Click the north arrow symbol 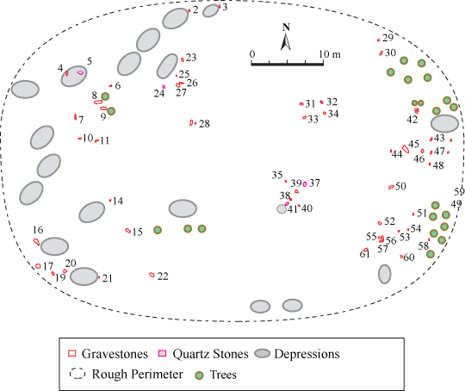[x=286, y=42]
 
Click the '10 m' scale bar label [x=330, y=54]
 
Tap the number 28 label [x=204, y=124]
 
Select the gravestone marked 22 [x=152, y=275]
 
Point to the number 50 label [x=400, y=186]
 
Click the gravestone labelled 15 [x=128, y=231]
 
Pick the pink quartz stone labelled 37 [x=305, y=184]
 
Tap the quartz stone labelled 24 [x=164, y=87]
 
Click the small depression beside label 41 [x=282, y=209]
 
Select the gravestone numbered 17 [x=38, y=266]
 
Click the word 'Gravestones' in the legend [x=115, y=354]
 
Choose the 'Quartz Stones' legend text [x=211, y=354]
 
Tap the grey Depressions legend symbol [x=263, y=353]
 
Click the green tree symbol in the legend [x=199, y=375]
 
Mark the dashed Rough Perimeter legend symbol [x=77, y=374]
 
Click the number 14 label [x=118, y=202]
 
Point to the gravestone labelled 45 [x=406, y=149]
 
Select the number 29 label [x=387, y=38]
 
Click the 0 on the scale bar [x=252, y=54]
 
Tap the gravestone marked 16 [x=36, y=242]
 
